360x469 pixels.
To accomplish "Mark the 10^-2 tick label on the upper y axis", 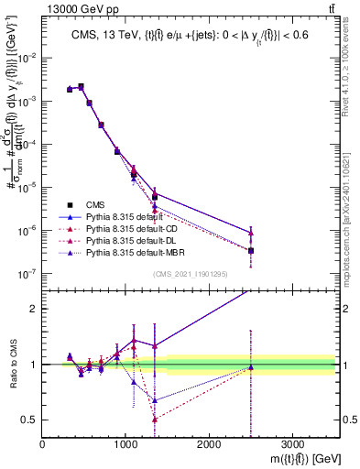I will tap(27, 58).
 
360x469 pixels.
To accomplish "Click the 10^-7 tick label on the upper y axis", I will tap(27, 273).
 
